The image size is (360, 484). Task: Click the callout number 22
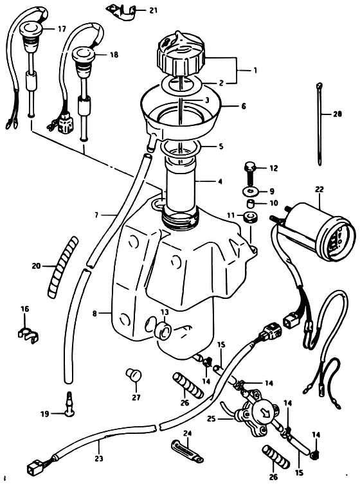(319, 189)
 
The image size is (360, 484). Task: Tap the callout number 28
(337, 114)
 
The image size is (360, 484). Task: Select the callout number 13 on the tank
(165, 312)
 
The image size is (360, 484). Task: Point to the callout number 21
(154, 10)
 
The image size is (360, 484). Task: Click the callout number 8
(94, 314)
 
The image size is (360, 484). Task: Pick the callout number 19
(45, 414)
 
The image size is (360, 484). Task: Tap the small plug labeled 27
(133, 375)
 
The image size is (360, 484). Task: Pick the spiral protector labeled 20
(62, 267)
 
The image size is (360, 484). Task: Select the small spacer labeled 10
(251, 204)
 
